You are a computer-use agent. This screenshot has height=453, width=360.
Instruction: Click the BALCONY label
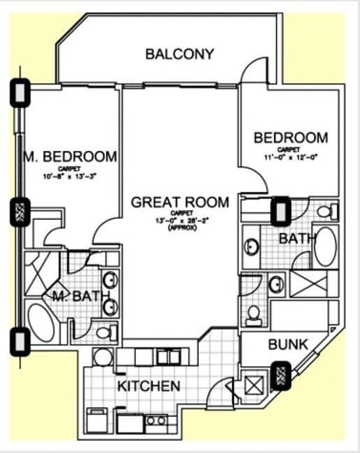coord(180,54)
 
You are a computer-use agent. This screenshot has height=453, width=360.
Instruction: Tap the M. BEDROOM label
coord(71,156)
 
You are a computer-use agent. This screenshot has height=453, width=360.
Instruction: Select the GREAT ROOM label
coord(180,202)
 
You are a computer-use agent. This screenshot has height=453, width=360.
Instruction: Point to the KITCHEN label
coord(149,386)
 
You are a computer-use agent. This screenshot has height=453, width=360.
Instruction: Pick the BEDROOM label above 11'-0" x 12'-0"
coord(290,138)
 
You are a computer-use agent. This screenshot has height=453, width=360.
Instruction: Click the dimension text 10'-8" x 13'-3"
coord(71,176)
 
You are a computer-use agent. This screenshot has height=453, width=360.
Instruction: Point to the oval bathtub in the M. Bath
coord(42,321)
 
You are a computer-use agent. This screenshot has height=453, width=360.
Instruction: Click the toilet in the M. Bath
coord(107,333)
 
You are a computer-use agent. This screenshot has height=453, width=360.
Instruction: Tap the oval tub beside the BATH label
coord(326,246)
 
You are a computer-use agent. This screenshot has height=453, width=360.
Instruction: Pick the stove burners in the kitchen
coord(158,420)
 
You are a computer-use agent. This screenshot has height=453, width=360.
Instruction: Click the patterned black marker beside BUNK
coord(283,376)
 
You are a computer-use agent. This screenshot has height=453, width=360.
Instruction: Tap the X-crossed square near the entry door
coord(255,388)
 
